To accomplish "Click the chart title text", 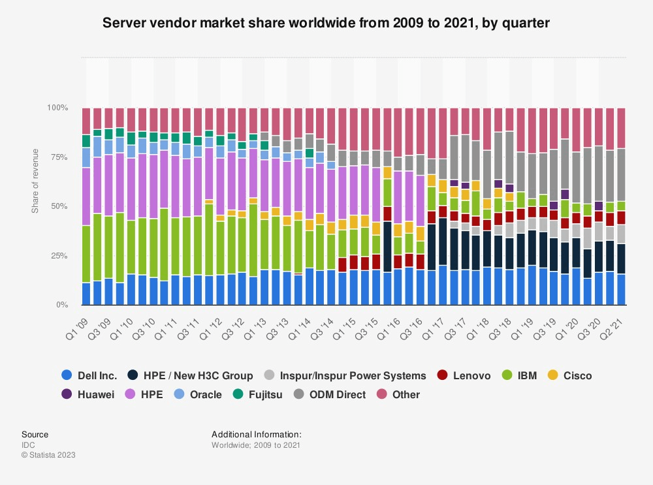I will click(x=326, y=23).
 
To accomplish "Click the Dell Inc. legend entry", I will click(x=89, y=375).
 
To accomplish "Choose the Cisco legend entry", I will click(x=569, y=375).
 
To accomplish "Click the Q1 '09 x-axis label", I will click(x=77, y=321).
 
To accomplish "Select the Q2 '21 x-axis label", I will click(x=613, y=321).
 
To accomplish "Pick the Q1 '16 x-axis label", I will click(x=390, y=321).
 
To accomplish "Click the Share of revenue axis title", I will click(x=35, y=181).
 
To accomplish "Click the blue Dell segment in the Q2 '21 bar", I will click(x=621, y=289).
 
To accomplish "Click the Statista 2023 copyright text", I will click(x=48, y=454).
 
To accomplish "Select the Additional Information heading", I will click(x=256, y=434).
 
